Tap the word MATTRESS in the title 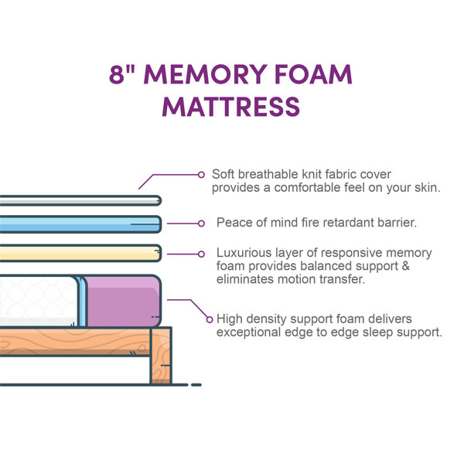pos(231,105)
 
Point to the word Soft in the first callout pos(225,174)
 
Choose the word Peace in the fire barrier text pos(232,223)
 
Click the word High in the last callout pos(230,319)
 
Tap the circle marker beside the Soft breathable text pos(202,174)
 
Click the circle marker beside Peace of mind pos(201,223)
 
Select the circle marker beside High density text pos(209,319)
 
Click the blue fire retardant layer pos(77,223)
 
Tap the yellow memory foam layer pos(77,252)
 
